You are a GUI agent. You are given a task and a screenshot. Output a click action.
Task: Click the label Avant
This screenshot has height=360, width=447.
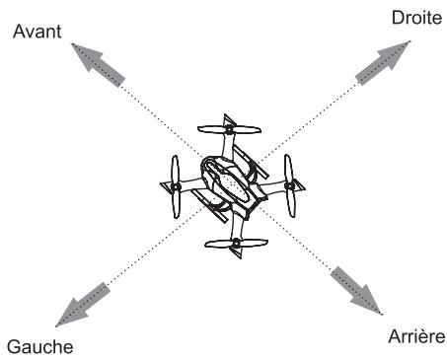click(x=36, y=31)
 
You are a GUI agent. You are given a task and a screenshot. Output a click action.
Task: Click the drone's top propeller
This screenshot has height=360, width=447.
click(x=229, y=129)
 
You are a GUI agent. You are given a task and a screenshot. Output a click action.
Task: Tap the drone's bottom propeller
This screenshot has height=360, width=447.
click(x=236, y=243)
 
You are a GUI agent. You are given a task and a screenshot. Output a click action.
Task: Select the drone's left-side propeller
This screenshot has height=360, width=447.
click(x=174, y=186)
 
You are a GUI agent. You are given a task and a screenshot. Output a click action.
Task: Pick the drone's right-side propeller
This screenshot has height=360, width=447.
click(x=290, y=184)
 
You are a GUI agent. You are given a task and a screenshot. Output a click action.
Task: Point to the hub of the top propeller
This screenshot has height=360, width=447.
click(x=229, y=129)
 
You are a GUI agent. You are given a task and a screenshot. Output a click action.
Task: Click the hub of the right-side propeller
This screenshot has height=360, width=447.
click(x=289, y=184)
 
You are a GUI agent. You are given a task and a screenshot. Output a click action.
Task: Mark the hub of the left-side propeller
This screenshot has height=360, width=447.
click(x=174, y=186)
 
